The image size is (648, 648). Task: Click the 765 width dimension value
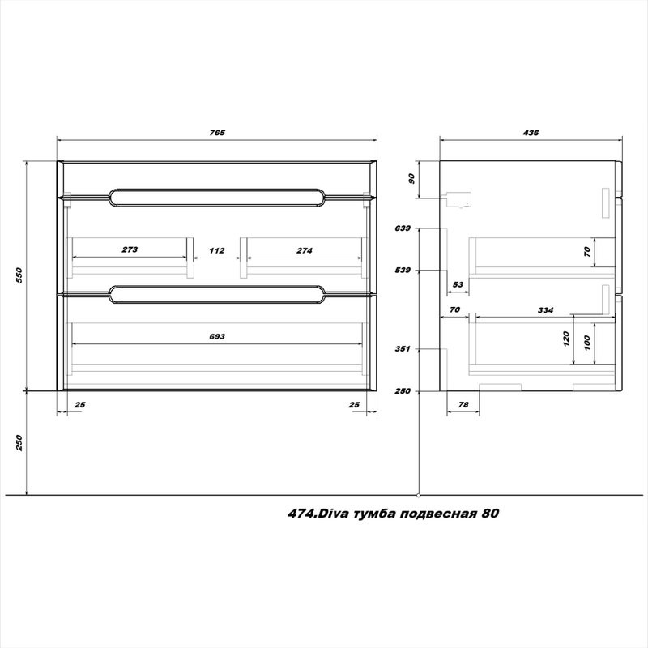[217, 133]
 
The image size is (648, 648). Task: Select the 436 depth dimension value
[531, 133]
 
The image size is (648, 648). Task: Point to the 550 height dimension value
[19, 275]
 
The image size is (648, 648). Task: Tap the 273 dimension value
[130, 249]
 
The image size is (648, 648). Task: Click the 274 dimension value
[305, 250]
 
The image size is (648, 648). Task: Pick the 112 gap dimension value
[217, 250]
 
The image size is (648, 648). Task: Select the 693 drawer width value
[217, 336]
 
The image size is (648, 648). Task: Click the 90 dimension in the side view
[411, 178]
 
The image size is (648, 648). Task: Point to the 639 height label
[403, 228]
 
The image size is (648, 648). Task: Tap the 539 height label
[403, 271]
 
